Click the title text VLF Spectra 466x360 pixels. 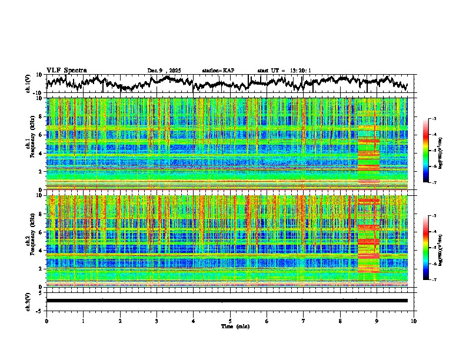(66, 70)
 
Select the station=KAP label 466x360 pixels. (218, 71)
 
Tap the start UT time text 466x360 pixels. (284, 71)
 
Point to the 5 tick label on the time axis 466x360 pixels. (230, 321)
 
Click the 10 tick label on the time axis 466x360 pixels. (414, 321)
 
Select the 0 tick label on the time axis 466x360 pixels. (46, 321)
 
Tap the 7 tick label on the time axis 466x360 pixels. (304, 321)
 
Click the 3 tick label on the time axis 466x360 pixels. (157, 321)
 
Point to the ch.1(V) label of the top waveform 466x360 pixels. (29, 84)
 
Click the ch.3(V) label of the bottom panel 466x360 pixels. (29, 301)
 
